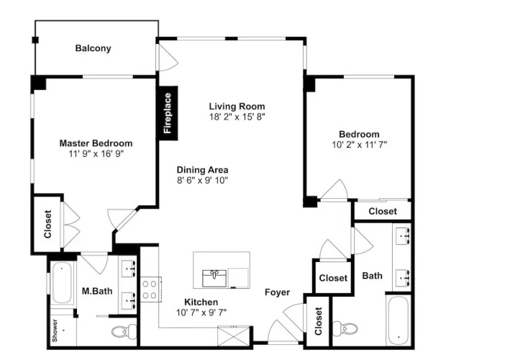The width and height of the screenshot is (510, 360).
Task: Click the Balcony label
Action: [x=93, y=48]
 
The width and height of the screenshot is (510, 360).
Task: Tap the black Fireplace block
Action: [x=168, y=113]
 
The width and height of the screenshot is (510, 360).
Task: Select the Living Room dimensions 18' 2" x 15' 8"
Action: [x=237, y=117]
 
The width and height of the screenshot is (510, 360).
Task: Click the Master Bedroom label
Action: [x=96, y=143]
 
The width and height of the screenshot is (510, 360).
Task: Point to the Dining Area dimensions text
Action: [x=202, y=180]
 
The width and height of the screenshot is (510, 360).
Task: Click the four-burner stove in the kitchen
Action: [x=151, y=289]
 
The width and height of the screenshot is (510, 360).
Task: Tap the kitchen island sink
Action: [x=214, y=279]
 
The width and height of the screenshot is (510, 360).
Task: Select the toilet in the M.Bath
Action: [x=124, y=331]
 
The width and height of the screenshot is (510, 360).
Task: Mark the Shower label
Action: [x=55, y=330]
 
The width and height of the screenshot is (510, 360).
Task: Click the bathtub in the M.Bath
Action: [x=62, y=283]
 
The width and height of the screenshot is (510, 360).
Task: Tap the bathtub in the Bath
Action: [x=398, y=321]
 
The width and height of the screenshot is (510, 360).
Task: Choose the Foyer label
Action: [x=277, y=292]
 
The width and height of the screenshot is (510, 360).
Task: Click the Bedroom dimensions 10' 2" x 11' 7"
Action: [x=360, y=145]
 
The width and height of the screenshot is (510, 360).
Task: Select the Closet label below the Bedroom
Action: [x=383, y=211]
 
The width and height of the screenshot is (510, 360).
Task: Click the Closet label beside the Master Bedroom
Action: [x=47, y=224]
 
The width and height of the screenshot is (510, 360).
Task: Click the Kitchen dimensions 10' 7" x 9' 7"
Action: [x=201, y=312]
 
